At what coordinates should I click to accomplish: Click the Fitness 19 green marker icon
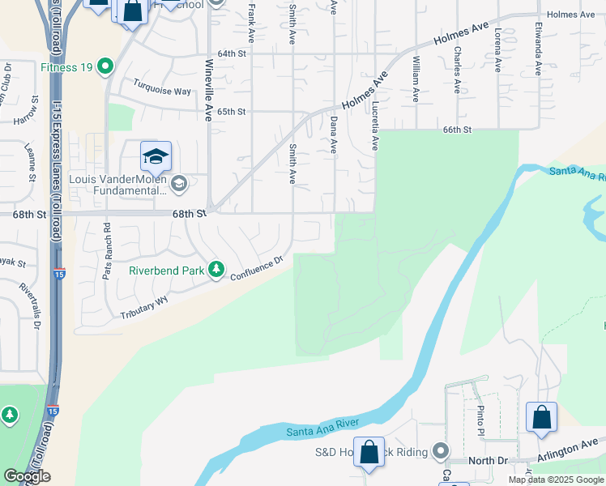pyautogui.click(x=105, y=66)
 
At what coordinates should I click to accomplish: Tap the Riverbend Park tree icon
pyautogui.click(x=216, y=269)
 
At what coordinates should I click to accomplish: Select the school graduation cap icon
pyautogui.click(x=156, y=156)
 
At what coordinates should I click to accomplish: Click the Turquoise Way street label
pyautogui.click(x=163, y=90)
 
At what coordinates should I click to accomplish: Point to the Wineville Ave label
pyautogui.click(x=208, y=90)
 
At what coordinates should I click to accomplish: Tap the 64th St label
pyautogui.click(x=231, y=53)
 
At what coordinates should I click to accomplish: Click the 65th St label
pyautogui.click(x=231, y=111)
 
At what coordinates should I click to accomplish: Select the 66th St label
pyautogui.click(x=457, y=129)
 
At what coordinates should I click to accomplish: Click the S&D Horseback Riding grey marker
pyautogui.click(x=440, y=450)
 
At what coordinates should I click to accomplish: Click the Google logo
pyautogui.click(x=27, y=476)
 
